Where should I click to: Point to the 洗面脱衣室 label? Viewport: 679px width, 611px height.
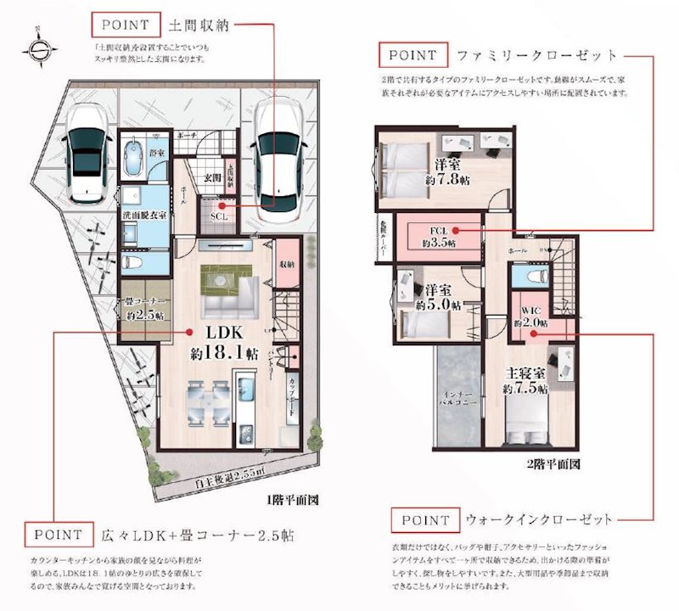pyautogui.click(x=143, y=216)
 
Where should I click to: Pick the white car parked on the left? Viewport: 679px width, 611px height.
pyautogui.click(x=86, y=151)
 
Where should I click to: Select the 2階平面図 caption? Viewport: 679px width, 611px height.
pyautogui.click(x=553, y=464)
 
